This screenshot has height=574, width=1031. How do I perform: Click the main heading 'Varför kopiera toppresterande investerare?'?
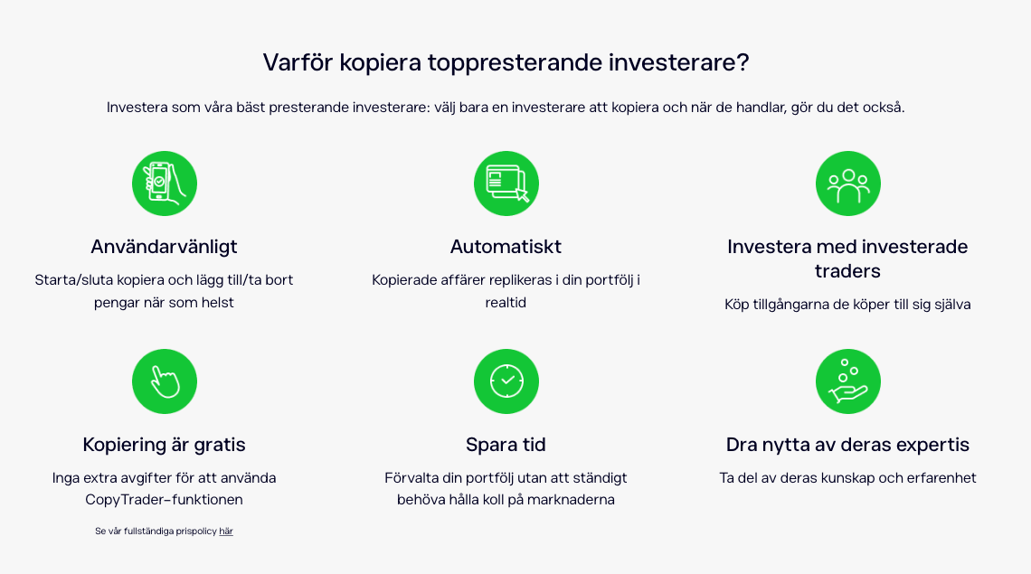pyautogui.click(x=506, y=63)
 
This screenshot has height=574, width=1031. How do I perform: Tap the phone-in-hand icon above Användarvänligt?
pyautogui.click(x=165, y=183)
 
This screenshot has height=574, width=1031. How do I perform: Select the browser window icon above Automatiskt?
pyautogui.click(x=506, y=183)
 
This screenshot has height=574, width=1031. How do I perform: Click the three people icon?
pyautogui.click(x=848, y=183)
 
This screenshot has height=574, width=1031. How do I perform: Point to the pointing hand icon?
pyautogui.click(x=165, y=381)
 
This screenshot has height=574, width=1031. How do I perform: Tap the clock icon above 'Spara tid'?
pyautogui.click(x=506, y=381)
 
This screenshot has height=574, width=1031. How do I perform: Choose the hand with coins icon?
pyautogui.click(x=848, y=381)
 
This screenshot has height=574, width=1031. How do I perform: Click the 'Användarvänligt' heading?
pyautogui.click(x=164, y=247)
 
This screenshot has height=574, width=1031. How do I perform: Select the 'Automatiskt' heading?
pyautogui.click(x=506, y=247)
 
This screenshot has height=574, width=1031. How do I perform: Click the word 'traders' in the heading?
pyautogui.click(x=847, y=271)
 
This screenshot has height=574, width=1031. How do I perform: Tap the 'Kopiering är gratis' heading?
pyautogui.click(x=164, y=445)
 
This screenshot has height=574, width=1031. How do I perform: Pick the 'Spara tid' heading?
pyautogui.click(x=506, y=445)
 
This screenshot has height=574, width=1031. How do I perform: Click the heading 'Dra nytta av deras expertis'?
pyautogui.click(x=847, y=445)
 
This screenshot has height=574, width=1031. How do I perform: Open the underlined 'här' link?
pyautogui.click(x=226, y=532)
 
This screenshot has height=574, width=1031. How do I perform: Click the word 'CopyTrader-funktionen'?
pyautogui.click(x=164, y=500)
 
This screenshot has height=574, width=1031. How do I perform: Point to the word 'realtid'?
pyautogui.click(x=506, y=303)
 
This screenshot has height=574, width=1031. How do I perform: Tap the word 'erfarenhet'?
pyautogui.click(x=941, y=478)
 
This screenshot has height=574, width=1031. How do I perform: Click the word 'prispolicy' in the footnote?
pyautogui.click(x=196, y=532)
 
